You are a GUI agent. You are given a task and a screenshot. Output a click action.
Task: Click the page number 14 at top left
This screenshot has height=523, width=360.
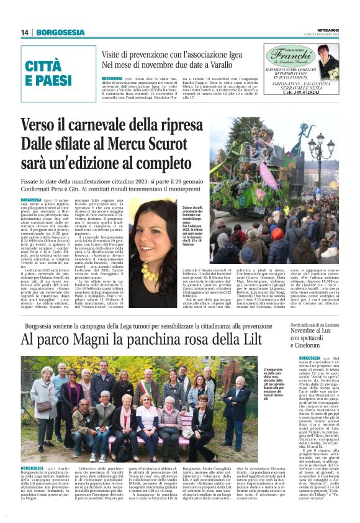[x=24, y=32]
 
